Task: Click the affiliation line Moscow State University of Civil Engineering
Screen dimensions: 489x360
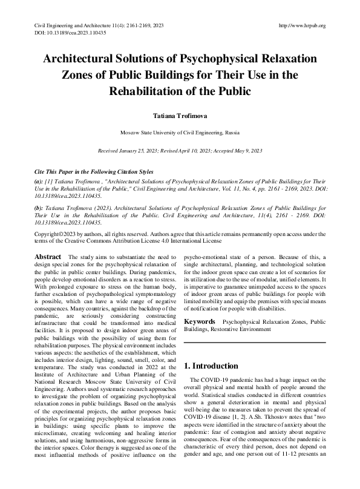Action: [180, 132]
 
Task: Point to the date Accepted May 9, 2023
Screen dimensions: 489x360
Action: [238, 150]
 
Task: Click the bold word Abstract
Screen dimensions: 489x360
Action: [48, 257]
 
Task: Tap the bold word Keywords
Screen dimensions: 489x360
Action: [199, 321]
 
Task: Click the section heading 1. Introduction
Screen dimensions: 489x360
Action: [211, 366]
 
